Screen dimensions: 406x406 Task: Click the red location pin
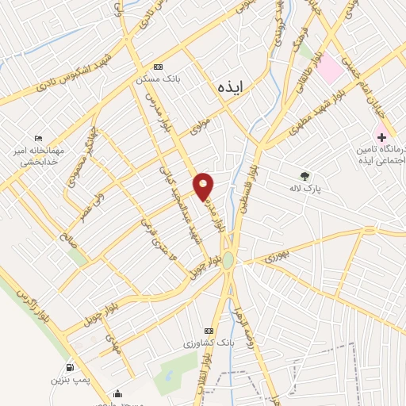pyautogui.click(x=205, y=186)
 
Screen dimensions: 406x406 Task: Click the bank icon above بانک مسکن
pyautogui.click(x=158, y=67)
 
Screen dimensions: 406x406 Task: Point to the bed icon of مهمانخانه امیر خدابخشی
pyautogui.click(x=40, y=136)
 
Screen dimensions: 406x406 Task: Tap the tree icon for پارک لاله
pyautogui.click(x=304, y=176)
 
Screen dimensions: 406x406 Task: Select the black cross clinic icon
pyautogui.click(x=382, y=137)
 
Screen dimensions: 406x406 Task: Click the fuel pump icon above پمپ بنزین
pyautogui.click(x=71, y=367)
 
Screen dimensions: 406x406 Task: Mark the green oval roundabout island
pyautogui.click(x=228, y=260)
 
